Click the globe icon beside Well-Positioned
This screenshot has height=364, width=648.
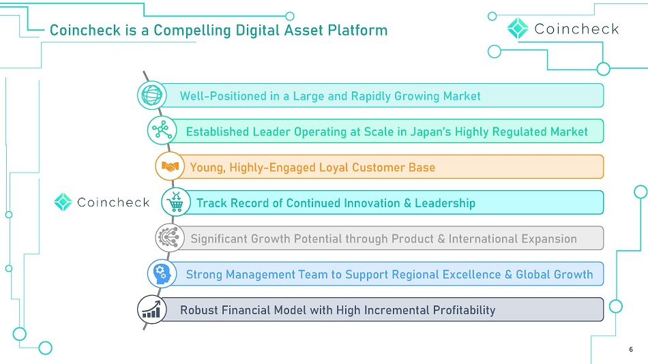[x=151, y=95]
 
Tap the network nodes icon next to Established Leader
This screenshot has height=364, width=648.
[x=162, y=130]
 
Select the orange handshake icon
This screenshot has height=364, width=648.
[x=170, y=166]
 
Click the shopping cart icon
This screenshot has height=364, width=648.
[x=176, y=202]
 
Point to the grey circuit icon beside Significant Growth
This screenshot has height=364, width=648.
[x=170, y=238]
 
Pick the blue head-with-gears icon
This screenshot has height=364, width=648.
[x=162, y=273]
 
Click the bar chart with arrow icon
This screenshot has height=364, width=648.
[x=151, y=309]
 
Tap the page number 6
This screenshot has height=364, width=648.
[x=631, y=350]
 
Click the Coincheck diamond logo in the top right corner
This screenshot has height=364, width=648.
[x=518, y=29]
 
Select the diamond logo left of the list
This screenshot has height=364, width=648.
[x=63, y=202]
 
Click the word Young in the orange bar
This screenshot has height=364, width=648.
[x=208, y=167]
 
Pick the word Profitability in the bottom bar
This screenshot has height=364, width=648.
[x=464, y=310]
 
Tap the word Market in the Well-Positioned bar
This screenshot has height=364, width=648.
[x=462, y=96]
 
